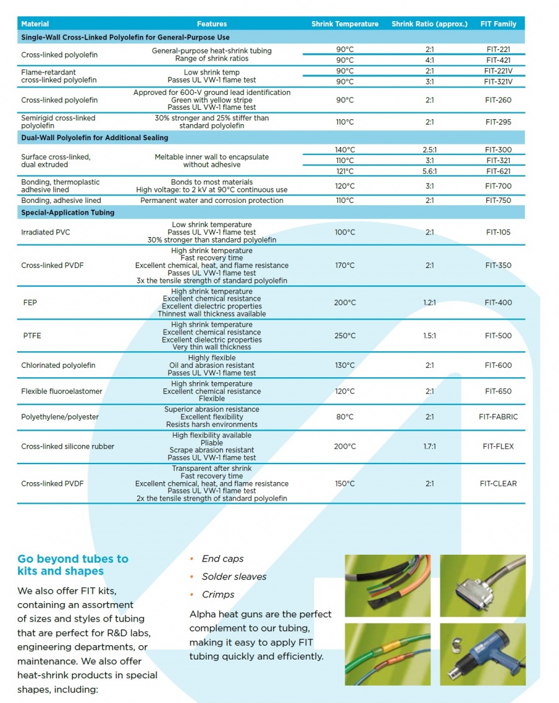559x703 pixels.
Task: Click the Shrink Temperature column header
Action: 345,24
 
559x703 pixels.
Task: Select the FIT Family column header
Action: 498,24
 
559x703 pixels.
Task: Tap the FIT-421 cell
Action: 498,60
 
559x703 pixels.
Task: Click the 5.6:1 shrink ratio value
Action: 429,171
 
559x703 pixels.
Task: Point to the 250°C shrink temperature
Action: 345,336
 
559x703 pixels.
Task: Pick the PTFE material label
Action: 32,336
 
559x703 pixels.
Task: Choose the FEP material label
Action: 30,303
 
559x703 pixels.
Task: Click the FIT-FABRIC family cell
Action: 498,417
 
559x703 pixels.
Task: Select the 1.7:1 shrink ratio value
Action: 429,447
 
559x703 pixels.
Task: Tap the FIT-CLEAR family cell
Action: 498,484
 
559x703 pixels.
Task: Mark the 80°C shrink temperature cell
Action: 345,417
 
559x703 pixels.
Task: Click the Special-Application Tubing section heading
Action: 68,213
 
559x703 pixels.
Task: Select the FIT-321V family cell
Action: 498,82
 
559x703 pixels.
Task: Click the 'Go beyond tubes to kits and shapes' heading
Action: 73,565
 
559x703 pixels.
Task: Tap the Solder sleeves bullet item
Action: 234,577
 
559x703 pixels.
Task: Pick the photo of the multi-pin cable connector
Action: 482,585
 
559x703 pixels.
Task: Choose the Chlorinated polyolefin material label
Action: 58,365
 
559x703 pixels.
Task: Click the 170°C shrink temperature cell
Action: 345,266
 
